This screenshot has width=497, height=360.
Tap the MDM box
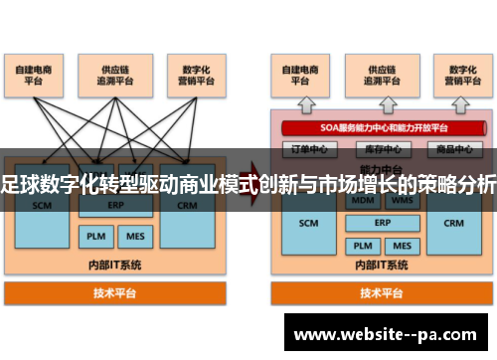(363, 200)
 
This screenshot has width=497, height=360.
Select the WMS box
(402, 200)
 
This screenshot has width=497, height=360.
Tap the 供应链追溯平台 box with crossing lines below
(115, 76)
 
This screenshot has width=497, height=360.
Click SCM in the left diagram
(42, 206)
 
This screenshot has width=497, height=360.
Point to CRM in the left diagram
(187, 206)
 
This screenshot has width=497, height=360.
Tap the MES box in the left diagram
(133, 238)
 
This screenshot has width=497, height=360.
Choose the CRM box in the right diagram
(454, 223)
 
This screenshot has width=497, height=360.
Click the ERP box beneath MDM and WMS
(383, 223)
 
